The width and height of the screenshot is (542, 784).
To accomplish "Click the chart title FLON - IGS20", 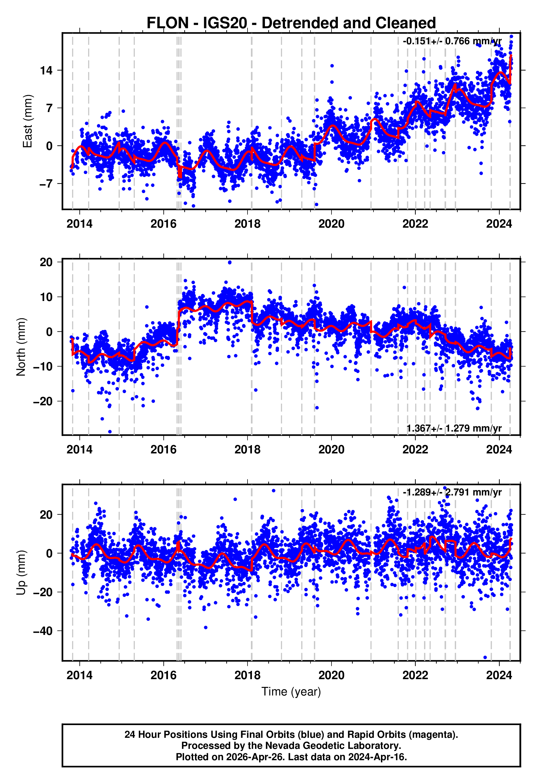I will (291, 23).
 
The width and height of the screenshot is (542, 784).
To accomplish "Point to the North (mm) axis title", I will (21, 347).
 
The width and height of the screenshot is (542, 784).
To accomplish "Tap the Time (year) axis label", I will (291, 692).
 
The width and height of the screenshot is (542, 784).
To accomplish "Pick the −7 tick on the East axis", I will (46, 184).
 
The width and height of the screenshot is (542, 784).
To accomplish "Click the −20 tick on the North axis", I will (43, 401).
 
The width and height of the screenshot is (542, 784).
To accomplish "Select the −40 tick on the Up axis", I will (43, 631).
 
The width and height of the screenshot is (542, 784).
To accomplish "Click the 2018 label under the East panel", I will (247, 224).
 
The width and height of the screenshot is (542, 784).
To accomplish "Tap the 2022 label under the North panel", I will (415, 450).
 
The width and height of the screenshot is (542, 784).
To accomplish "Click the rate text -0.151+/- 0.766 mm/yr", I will (452, 41).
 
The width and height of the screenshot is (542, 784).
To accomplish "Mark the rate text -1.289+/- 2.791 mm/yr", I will (452, 492).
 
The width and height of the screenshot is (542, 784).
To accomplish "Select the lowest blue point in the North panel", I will (110, 432).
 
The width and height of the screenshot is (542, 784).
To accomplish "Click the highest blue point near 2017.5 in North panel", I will (230, 263).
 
